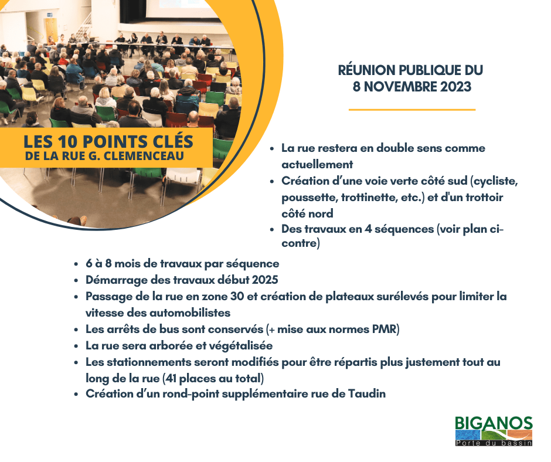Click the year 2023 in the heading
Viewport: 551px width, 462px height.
(456, 87)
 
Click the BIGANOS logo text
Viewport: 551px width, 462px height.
(494, 423)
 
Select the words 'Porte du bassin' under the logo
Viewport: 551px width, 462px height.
(494, 443)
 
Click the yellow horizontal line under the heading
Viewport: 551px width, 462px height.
(412, 110)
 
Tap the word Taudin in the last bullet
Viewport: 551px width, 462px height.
(367, 393)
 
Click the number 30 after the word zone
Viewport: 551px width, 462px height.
(237, 297)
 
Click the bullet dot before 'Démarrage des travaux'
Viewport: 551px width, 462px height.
(76, 281)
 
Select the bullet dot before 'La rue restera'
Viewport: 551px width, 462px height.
(271, 149)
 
